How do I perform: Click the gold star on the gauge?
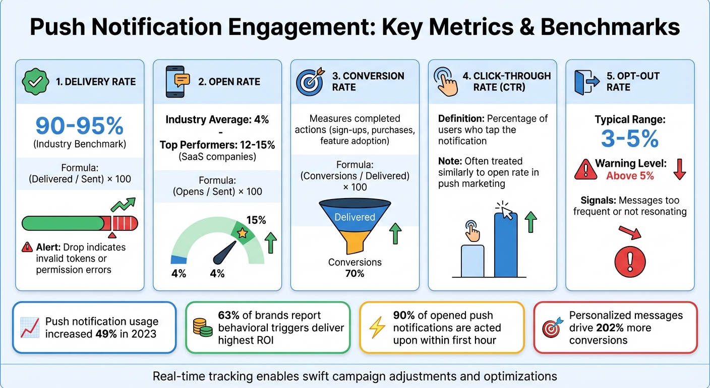[x=242, y=233]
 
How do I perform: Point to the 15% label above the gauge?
[x=256, y=220]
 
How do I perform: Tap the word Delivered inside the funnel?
[x=355, y=217]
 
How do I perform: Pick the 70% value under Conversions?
[x=354, y=273]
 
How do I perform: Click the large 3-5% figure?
[x=630, y=138]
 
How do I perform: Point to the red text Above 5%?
[x=630, y=176]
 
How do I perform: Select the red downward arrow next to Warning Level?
[x=679, y=169]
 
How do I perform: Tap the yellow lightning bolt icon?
[x=377, y=327]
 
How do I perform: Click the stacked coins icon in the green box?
[x=203, y=327]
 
